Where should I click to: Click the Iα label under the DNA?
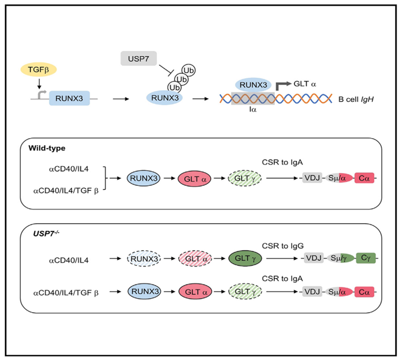tap(253, 112)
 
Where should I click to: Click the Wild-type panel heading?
tap(46, 148)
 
